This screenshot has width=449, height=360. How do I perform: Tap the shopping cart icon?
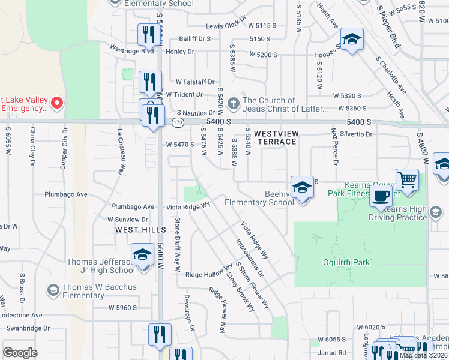(407, 179)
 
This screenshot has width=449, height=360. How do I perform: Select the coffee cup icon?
(381, 196)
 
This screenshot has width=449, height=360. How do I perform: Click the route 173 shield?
(177, 122)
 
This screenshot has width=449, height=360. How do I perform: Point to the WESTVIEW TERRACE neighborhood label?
(275, 137)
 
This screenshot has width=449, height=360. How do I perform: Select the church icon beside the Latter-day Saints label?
(233, 104)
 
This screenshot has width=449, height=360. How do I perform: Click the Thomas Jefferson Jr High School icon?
(142, 255)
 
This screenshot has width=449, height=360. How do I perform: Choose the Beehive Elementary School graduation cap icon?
(302, 187)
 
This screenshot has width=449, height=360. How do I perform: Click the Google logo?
(20, 352)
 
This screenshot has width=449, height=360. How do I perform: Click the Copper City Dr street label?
(63, 148)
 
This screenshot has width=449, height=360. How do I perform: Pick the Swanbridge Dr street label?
(29, 328)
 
